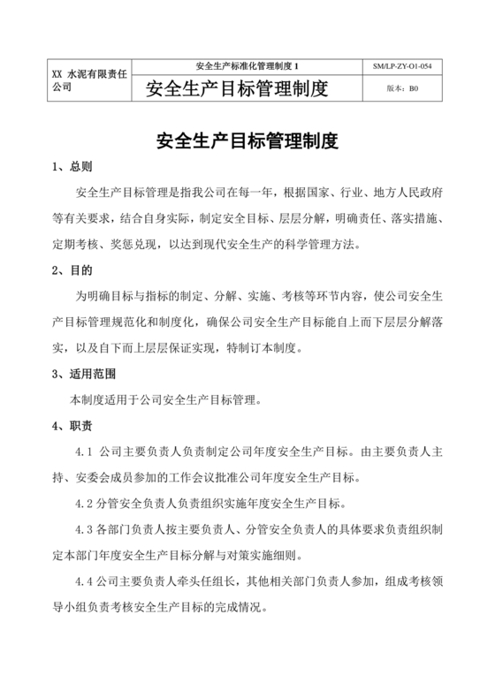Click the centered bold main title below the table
247,141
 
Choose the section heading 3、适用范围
84,374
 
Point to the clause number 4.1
89,452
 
